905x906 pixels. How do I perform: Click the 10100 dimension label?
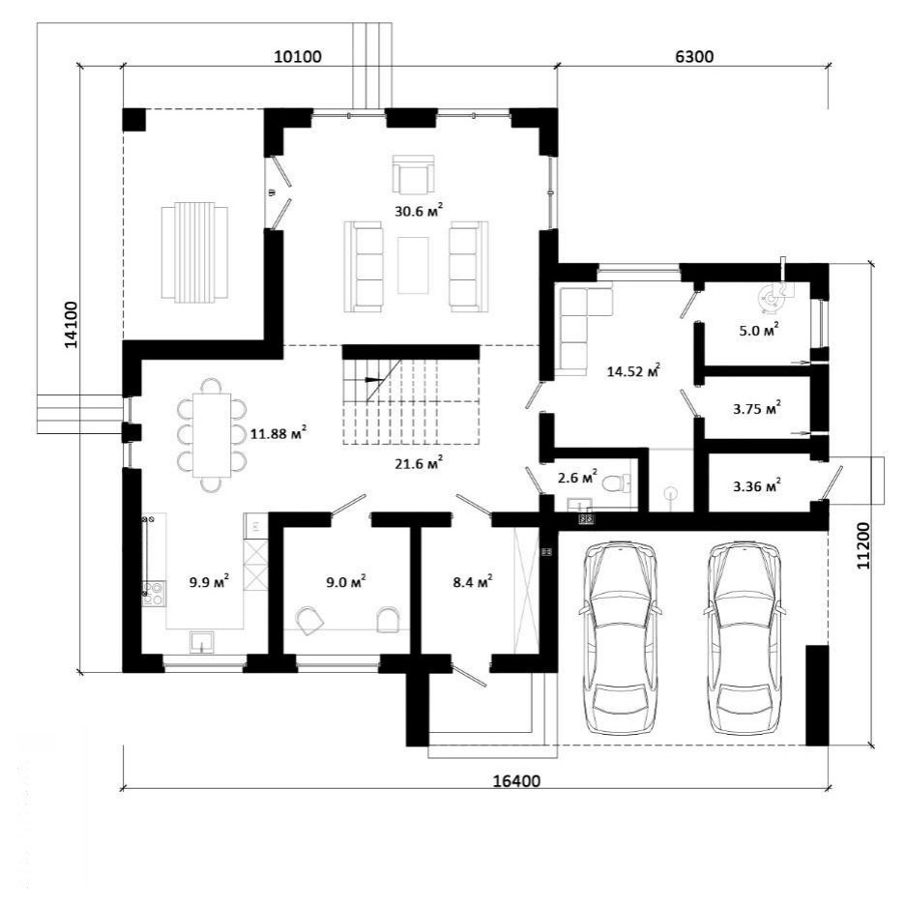tap(297, 57)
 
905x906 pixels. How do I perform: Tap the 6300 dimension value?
tap(693, 57)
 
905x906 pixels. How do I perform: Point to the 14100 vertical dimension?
tap(72, 325)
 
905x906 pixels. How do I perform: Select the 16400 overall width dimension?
tap(516, 781)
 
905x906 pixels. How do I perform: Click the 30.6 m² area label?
tap(419, 211)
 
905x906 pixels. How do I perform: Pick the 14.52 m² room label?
tap(633, 370)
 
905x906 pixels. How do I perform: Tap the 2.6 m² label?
tap(577, 478)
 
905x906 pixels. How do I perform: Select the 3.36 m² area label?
tap(756, 486)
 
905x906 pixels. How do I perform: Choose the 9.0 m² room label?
tap(345, 581)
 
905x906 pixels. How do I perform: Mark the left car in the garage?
tap(620, 638)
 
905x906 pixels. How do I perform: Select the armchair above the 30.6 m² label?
tap(413, 174)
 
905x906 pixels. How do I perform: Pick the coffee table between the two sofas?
tap(413, 265)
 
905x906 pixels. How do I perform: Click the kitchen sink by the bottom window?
tap(202, 642)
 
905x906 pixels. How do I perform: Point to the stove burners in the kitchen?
tap(154, 594)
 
